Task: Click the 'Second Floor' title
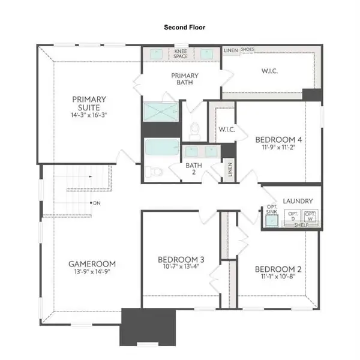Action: pyautogui.click(x=179, y=28)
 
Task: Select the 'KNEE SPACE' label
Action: pyautogui.click(x=181, y=54)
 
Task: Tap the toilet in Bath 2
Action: pyautogui.click(x=155, y=172)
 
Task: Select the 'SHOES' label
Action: pyautogui.click(x=247, y=50)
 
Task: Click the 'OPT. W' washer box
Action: pyautogui.click(x=310, y=217)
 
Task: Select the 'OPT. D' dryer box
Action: pyautogui.click(x=293, y=217)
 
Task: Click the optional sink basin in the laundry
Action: pyautogui.click(x=272, y=221)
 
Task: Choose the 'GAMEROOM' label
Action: pyautogui.click(x=92, y=263)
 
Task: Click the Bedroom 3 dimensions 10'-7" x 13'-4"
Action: pyautogui.click(x=181, y=267)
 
